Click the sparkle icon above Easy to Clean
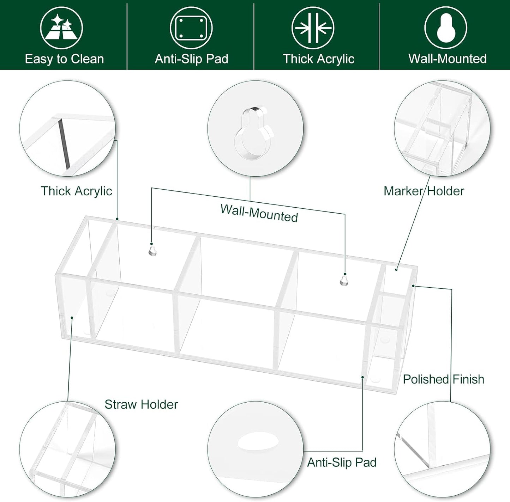click(x=61, y=28)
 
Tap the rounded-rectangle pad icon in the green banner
click(x=191, y=28)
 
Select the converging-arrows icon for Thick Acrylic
click(x=313, y=28)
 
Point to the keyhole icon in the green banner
click(x=446, y=28)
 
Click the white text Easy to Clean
click(x=64, y=59)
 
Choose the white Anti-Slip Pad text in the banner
click(x=191, y=59)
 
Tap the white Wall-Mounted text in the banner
click(x=448, y=59)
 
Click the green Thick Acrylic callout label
click(x=77, y=191)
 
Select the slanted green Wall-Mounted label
click(x=259, y=213)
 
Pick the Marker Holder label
click(x=424, y=191)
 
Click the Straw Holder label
click(x=141, y=404)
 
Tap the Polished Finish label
click(x=444, y=379)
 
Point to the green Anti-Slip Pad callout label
click(x=342, y=463)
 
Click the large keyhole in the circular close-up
click(x=253, y=134)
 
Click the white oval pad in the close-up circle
click(x=258, y=441)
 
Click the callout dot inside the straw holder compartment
click(x=72, y=318)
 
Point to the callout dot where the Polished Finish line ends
click(x=413, y=286)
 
